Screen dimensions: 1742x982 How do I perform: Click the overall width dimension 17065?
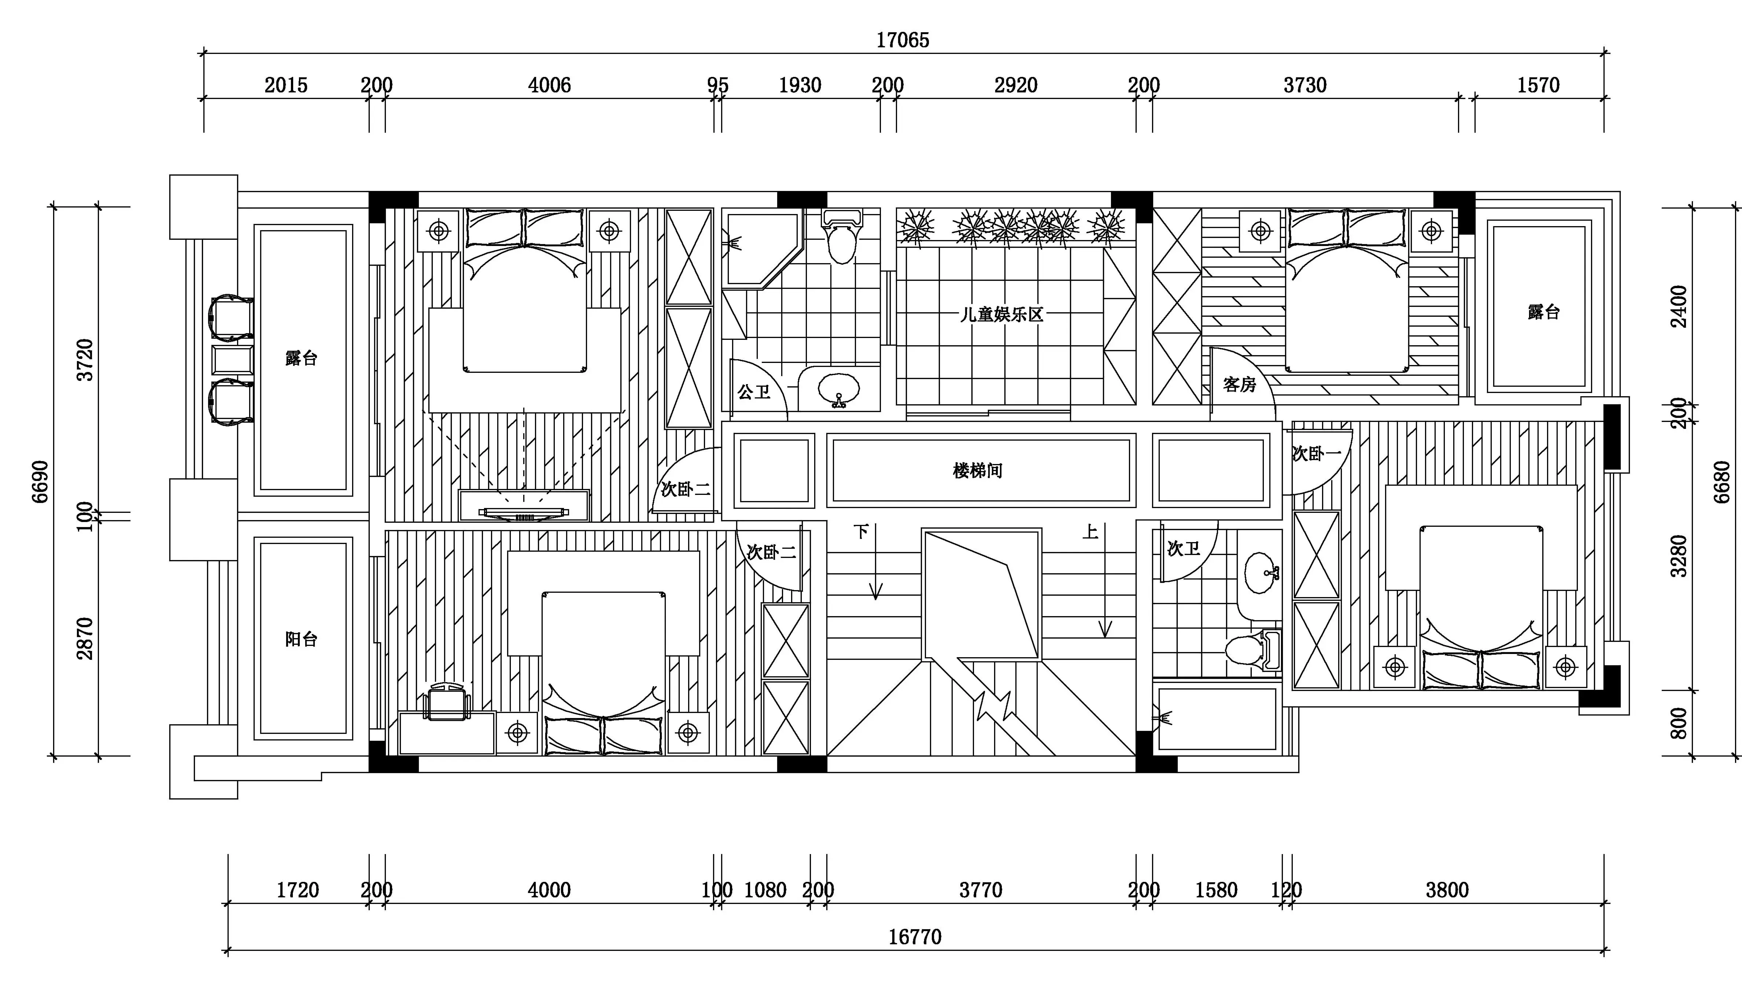tap(903, 41)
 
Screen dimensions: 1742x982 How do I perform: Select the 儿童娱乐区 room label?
tap(1002, 315)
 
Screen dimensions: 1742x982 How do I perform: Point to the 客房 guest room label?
tap(1240, 385)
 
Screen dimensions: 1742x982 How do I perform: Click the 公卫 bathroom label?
tap(754, 391)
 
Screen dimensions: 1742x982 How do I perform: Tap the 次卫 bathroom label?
tap(1184, 548)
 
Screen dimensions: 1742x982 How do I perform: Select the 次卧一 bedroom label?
tap(1316, 454)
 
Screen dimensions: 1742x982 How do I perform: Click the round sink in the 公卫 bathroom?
tap(838, 390)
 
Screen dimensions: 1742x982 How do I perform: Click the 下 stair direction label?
tap(860, 532)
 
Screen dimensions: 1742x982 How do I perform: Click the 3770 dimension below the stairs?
tap(981, 890)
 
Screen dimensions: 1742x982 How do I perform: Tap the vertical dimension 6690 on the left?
tap(41, 482)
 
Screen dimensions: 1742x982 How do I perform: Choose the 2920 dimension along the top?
tap(1016, 85)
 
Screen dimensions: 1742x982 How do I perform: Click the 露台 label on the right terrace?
tap(1544, 312)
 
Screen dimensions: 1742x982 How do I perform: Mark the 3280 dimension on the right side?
tap(1679, 556)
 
